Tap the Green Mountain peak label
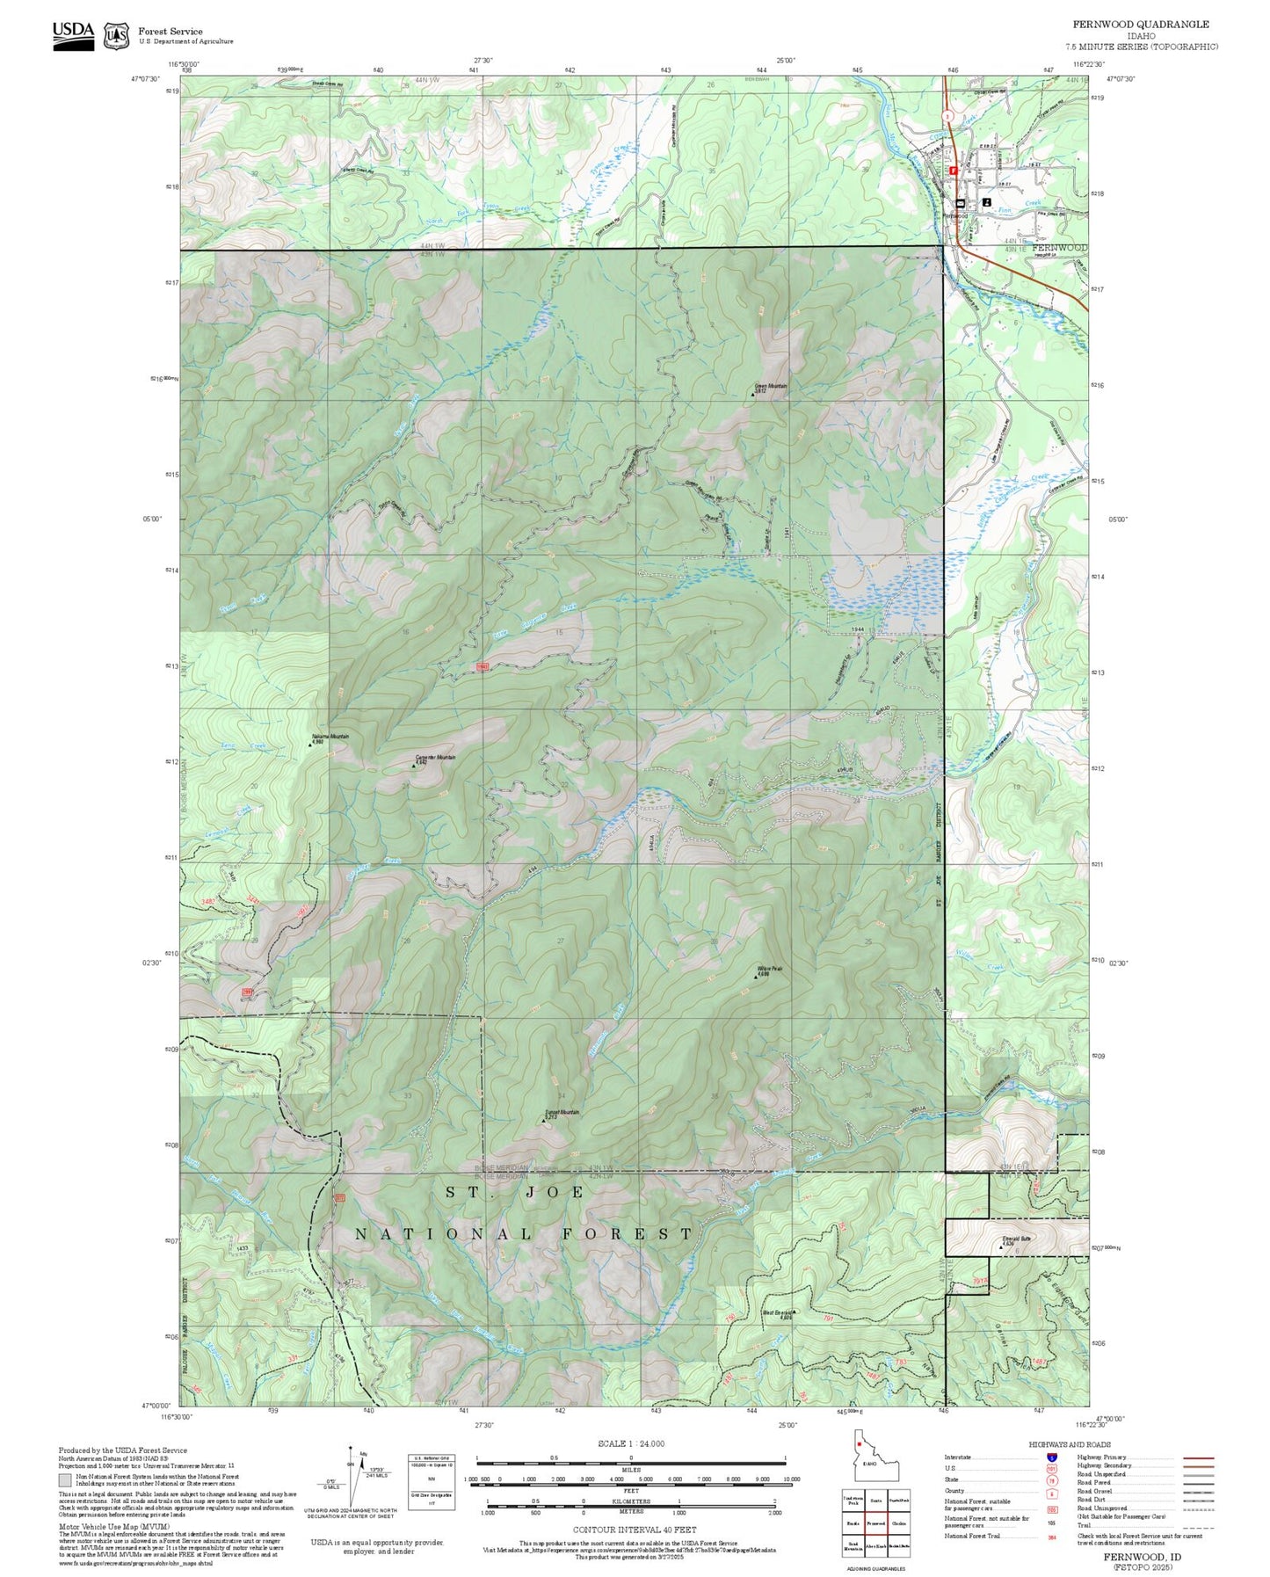(x=771, y=386)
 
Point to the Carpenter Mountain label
(x=435, y=758)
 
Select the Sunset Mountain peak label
(x=562, y=1113)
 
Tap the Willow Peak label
(x=769, y=970)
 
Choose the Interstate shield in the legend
(x=1051, y=1457)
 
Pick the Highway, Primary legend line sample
(x=1198, y=1457)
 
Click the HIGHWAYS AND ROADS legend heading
(x=1070, y=1444)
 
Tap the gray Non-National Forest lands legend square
(x=65, y=1480)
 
